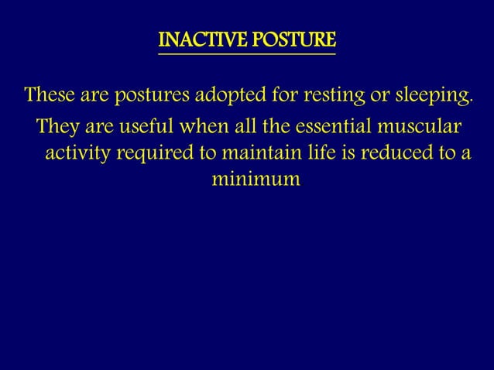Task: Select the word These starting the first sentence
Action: click(x=49, y=98)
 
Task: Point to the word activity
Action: click(x=78, y=152)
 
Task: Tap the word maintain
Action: click(x=258, y=152)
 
